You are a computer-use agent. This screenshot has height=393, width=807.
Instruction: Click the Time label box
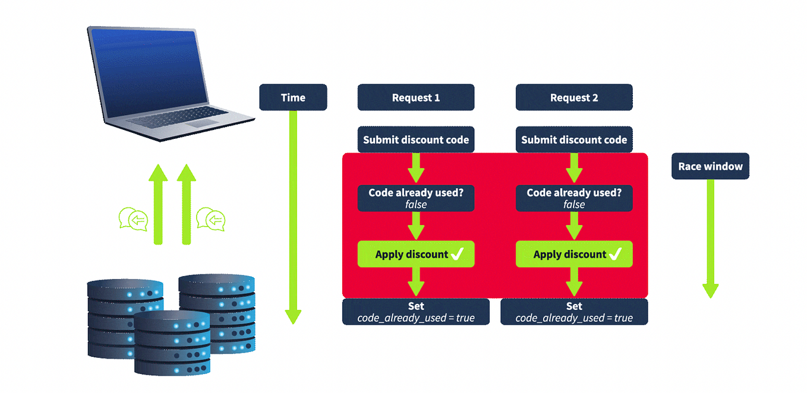293,97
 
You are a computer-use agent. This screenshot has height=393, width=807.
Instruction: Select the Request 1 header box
415,97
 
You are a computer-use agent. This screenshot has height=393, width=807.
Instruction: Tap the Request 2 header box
573,97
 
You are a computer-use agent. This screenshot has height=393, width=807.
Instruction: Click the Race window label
710,166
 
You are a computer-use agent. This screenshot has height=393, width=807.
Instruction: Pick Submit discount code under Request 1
415,140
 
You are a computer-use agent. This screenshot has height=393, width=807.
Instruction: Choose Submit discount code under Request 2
573,140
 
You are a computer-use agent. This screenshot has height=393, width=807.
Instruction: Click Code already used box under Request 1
415,198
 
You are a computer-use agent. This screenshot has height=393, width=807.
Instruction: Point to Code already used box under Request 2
573,198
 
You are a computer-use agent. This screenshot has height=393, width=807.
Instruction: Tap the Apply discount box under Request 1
415,254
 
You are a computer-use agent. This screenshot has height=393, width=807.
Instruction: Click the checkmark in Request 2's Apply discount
615,254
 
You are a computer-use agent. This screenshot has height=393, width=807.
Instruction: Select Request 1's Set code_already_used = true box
415,312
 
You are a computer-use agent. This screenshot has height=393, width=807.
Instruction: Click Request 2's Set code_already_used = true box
573,312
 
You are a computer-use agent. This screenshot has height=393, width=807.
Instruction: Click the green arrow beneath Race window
710,237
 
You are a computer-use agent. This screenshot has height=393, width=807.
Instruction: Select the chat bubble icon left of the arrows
133,219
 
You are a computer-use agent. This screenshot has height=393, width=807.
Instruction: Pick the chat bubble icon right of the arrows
210,219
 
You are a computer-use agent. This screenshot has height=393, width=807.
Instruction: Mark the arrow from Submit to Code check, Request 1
415,168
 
